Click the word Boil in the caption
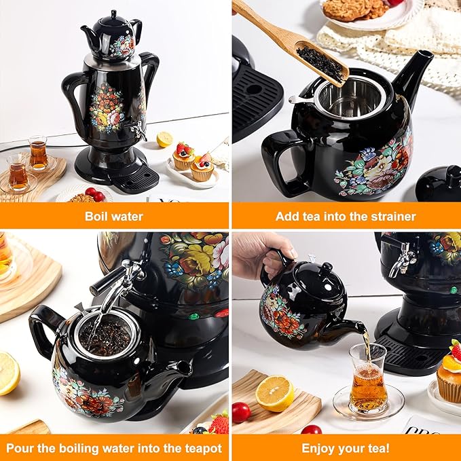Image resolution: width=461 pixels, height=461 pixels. click(x=94, y=217)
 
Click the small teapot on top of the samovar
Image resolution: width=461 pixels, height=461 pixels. click(x=112, y=37)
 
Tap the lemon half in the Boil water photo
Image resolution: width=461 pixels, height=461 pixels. click(x=164, y=139)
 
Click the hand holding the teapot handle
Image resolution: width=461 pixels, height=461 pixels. click(x=263, y=259)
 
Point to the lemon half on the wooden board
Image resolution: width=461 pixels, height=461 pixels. click(x=274, y=393)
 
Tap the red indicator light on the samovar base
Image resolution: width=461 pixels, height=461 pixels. click(x=222, y=314)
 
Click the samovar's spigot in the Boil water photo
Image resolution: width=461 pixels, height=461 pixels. click(x=136, y=130)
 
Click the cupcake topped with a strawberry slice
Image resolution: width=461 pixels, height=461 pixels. click(x=202, y=167)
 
